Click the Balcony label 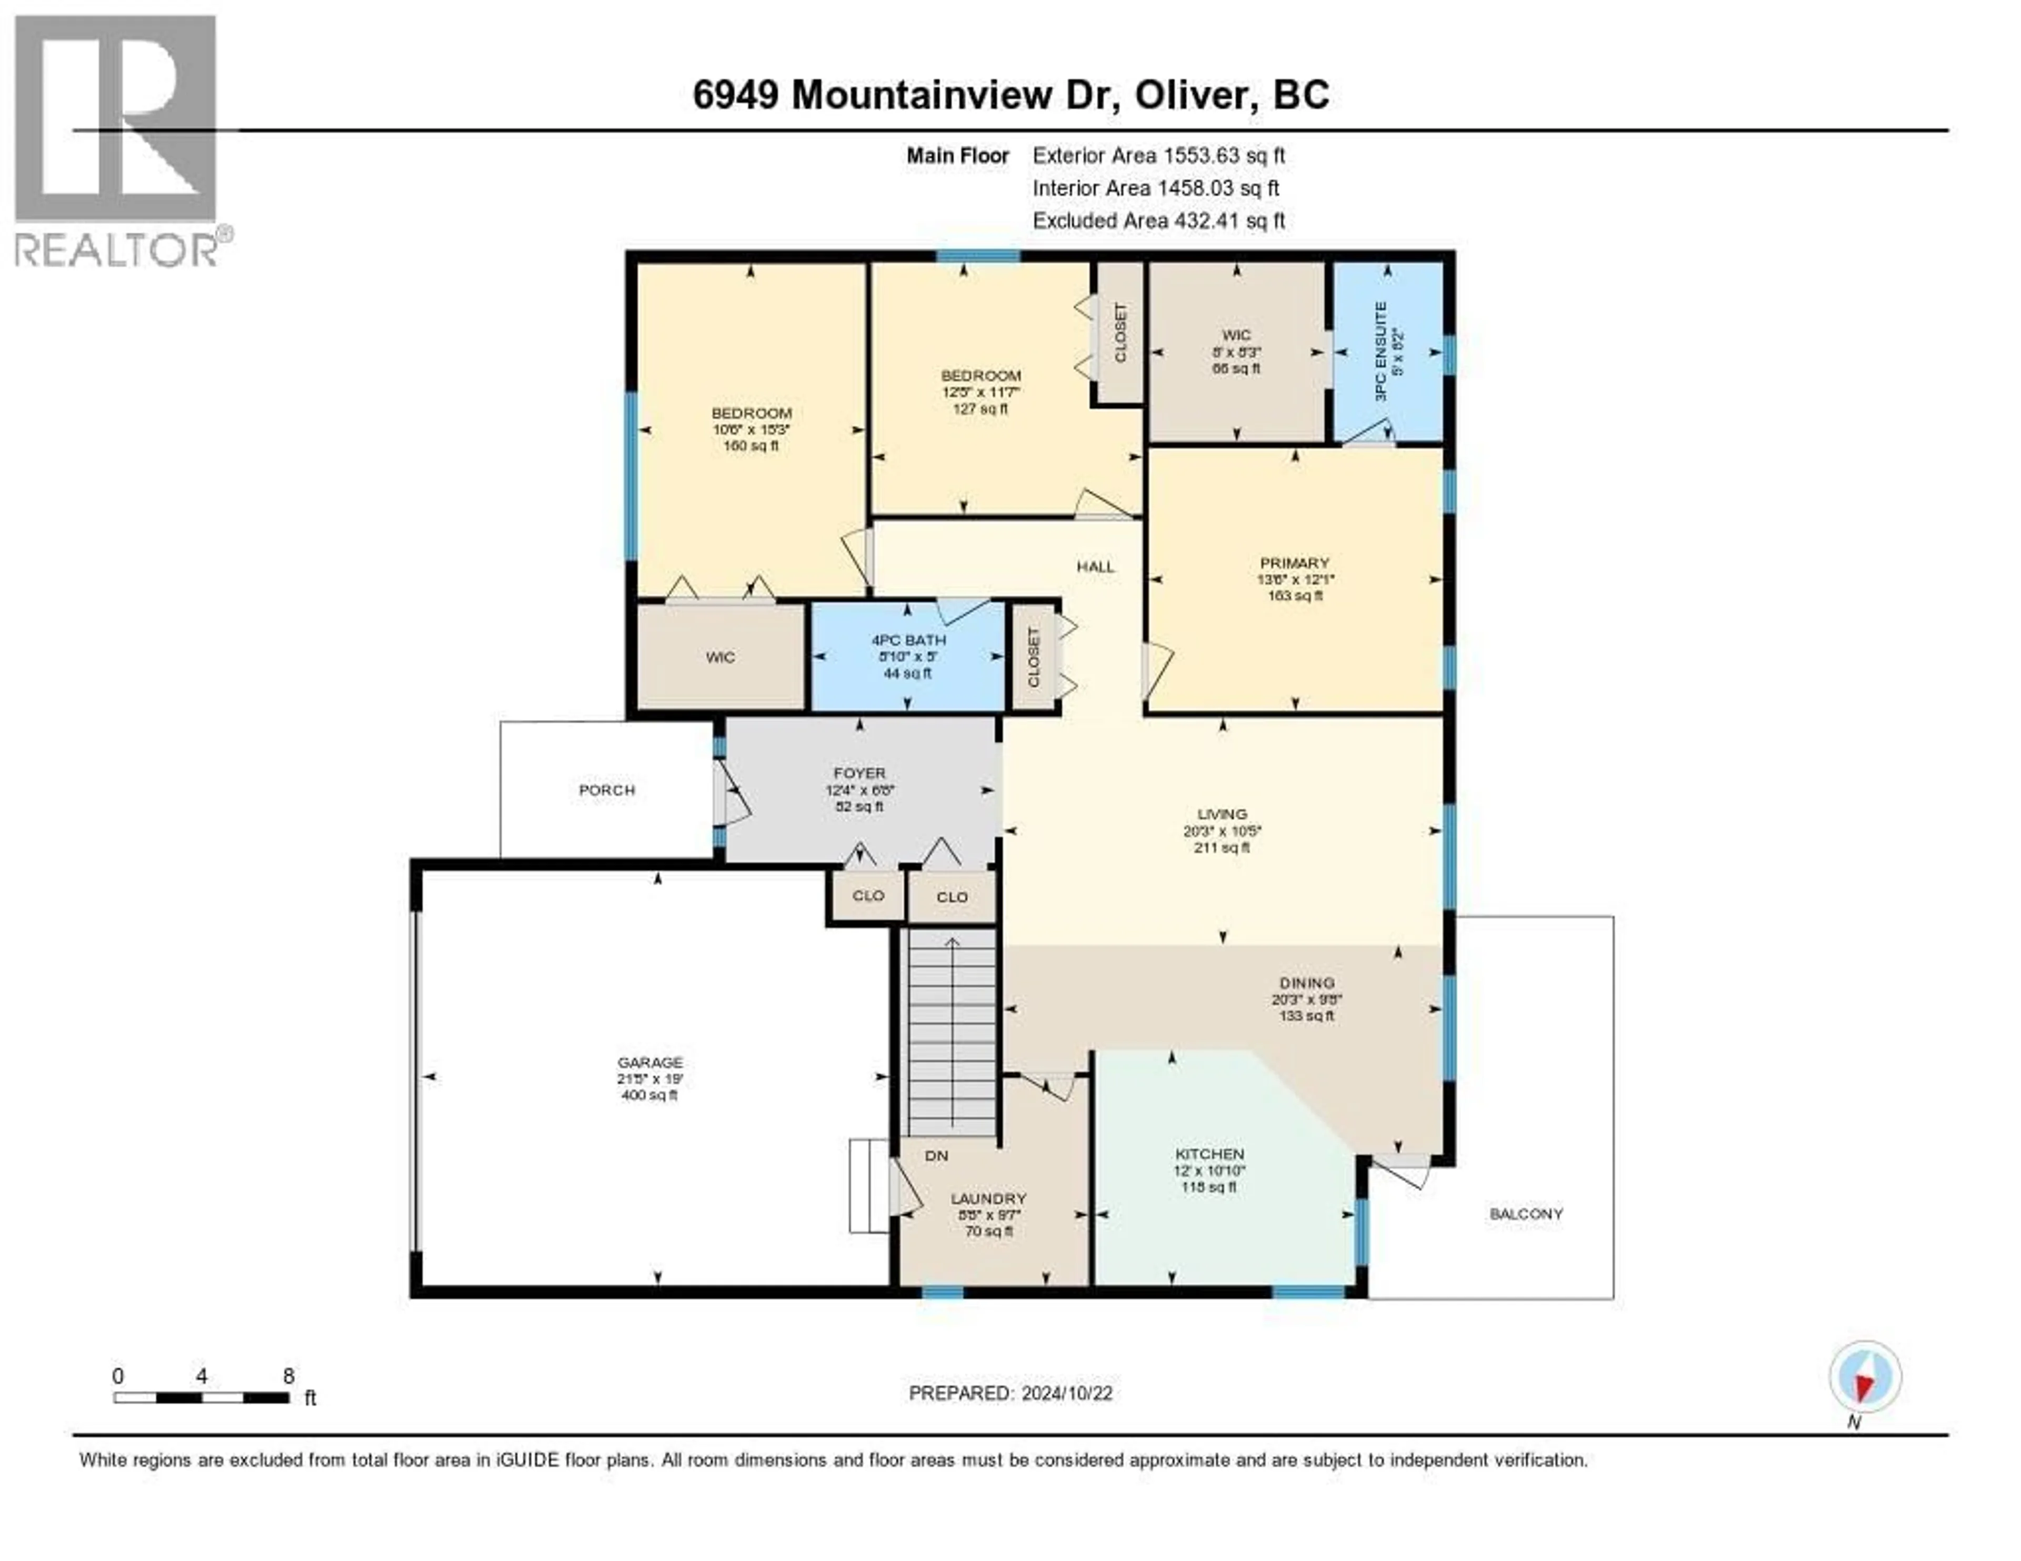(1526, 1214)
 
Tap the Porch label (607, 790)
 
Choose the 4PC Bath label (908, 641)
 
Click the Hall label (1096, 567)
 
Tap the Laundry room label (989, 1198)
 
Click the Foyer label (859, 774)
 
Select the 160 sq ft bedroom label (752, 414)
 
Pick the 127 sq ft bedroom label (981, 376)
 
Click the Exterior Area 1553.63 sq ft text (1158, 156)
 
